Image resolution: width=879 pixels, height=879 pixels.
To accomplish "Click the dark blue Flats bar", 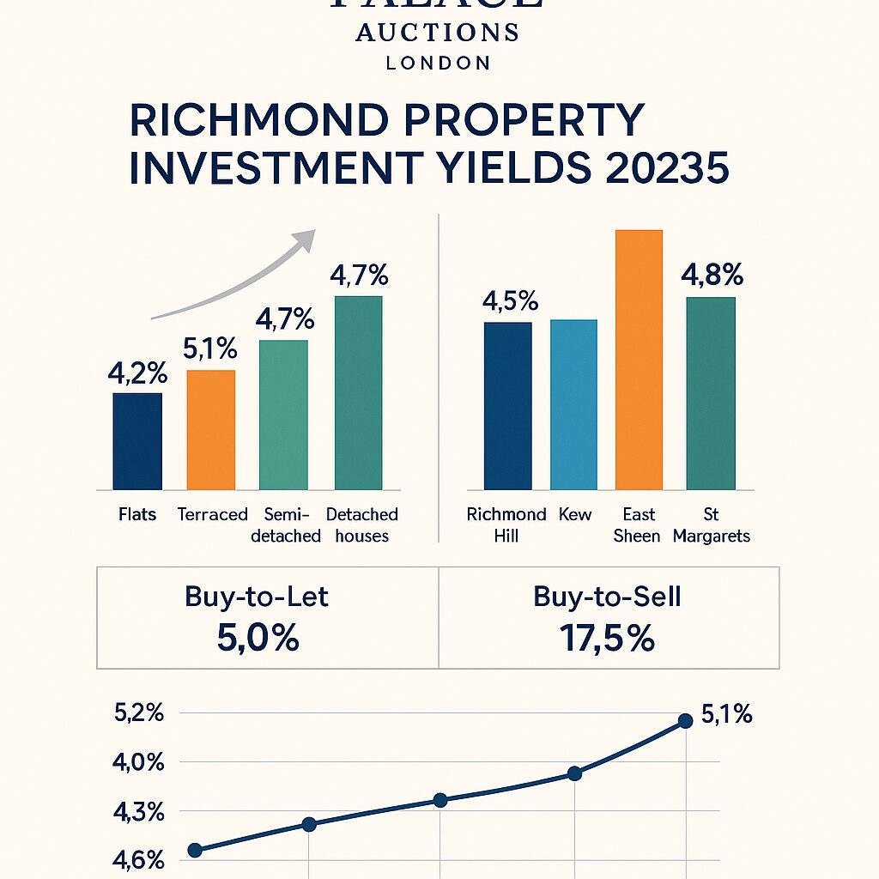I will click(x=137, y=441).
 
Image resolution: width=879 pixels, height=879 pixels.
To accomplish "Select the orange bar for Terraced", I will click(x=210, y=429).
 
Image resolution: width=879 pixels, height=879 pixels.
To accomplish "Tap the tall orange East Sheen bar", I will click(x=639, y=360).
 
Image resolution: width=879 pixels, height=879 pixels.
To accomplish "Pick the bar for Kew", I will click(x=573, y=404).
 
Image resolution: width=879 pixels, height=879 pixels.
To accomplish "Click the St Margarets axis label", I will click(x=712, y=525).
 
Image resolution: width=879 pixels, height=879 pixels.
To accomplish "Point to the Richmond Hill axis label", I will click(x=506, y=525).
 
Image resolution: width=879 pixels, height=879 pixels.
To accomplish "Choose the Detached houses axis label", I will click(x=362, y=525).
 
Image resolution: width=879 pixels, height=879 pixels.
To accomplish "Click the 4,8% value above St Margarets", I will click(x=712, y=276).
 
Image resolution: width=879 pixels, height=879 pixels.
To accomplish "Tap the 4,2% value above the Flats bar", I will click(x=137, y=374).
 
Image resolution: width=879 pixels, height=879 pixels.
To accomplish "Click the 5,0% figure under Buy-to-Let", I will click(x=256, y=639).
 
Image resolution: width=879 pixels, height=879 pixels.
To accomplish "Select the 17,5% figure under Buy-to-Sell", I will click(x=607, y=639).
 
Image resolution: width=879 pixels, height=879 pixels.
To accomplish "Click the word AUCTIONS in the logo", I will click(x=438, y=33).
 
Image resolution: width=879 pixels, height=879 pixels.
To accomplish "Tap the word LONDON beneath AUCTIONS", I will click(x=438, y=63).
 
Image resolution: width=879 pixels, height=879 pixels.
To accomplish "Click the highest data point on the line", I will click(x=685, y=721).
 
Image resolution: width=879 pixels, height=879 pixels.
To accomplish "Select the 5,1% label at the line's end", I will click(x=726, y=714).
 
